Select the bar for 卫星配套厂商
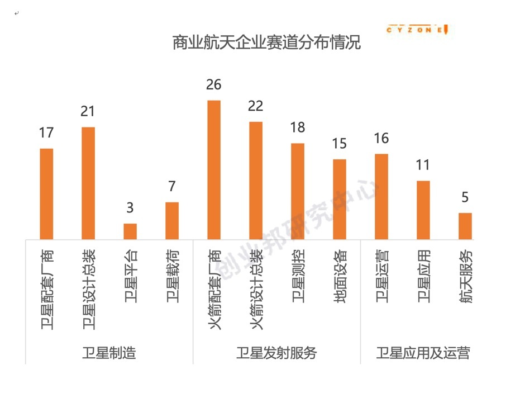pyautogui.click(x=46, y=193)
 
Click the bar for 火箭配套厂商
pyautogui.click(x=214, y=169)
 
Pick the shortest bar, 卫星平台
pyautogui.click(x=130, y=231)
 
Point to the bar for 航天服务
pyautogui.click(x=465, y=225)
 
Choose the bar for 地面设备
pyautogui.click(x=340, y=199)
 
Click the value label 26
pyautogui.click(x=214, y=85)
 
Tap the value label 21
pyautogui.click(x=88, y=112)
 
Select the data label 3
pyautogui.click(x=130, y=208)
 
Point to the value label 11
pyautogui.click(x=423, y=165)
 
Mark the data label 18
pyautogui.click(x=298, y=127)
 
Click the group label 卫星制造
pyautogui.click(x=109, y=353)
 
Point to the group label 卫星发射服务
pyautogui.click(x=276, y=353)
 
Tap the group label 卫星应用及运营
pyautogui.click(x=423, y=353)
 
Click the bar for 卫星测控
pyautogui.click(x=298, y=191)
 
